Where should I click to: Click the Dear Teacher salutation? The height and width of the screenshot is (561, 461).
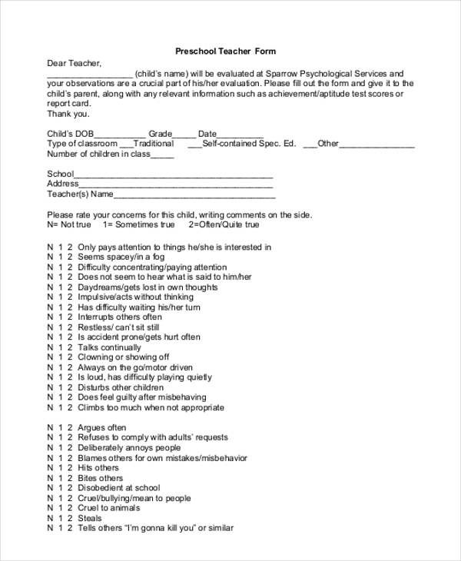coord(74,64)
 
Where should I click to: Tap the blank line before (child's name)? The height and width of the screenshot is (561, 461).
coord(90,74)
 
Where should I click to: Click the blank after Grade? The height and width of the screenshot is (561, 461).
coord(184,134)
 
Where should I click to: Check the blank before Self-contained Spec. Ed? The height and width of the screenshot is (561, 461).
coord(194,144)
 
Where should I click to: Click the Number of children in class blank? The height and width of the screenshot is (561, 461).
coord(163,154)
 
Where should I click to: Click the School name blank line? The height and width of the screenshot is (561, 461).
coord(174,174)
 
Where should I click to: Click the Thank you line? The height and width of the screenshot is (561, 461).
coord(68,114)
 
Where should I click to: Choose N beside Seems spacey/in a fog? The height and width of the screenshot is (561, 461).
coord(50,257)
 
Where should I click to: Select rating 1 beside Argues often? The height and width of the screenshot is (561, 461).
coord(60,427)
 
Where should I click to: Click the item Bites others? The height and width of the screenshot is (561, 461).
coord(100,478)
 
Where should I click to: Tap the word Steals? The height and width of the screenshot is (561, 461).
coord(91,518)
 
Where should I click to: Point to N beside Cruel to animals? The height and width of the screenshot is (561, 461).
coord(50,508)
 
